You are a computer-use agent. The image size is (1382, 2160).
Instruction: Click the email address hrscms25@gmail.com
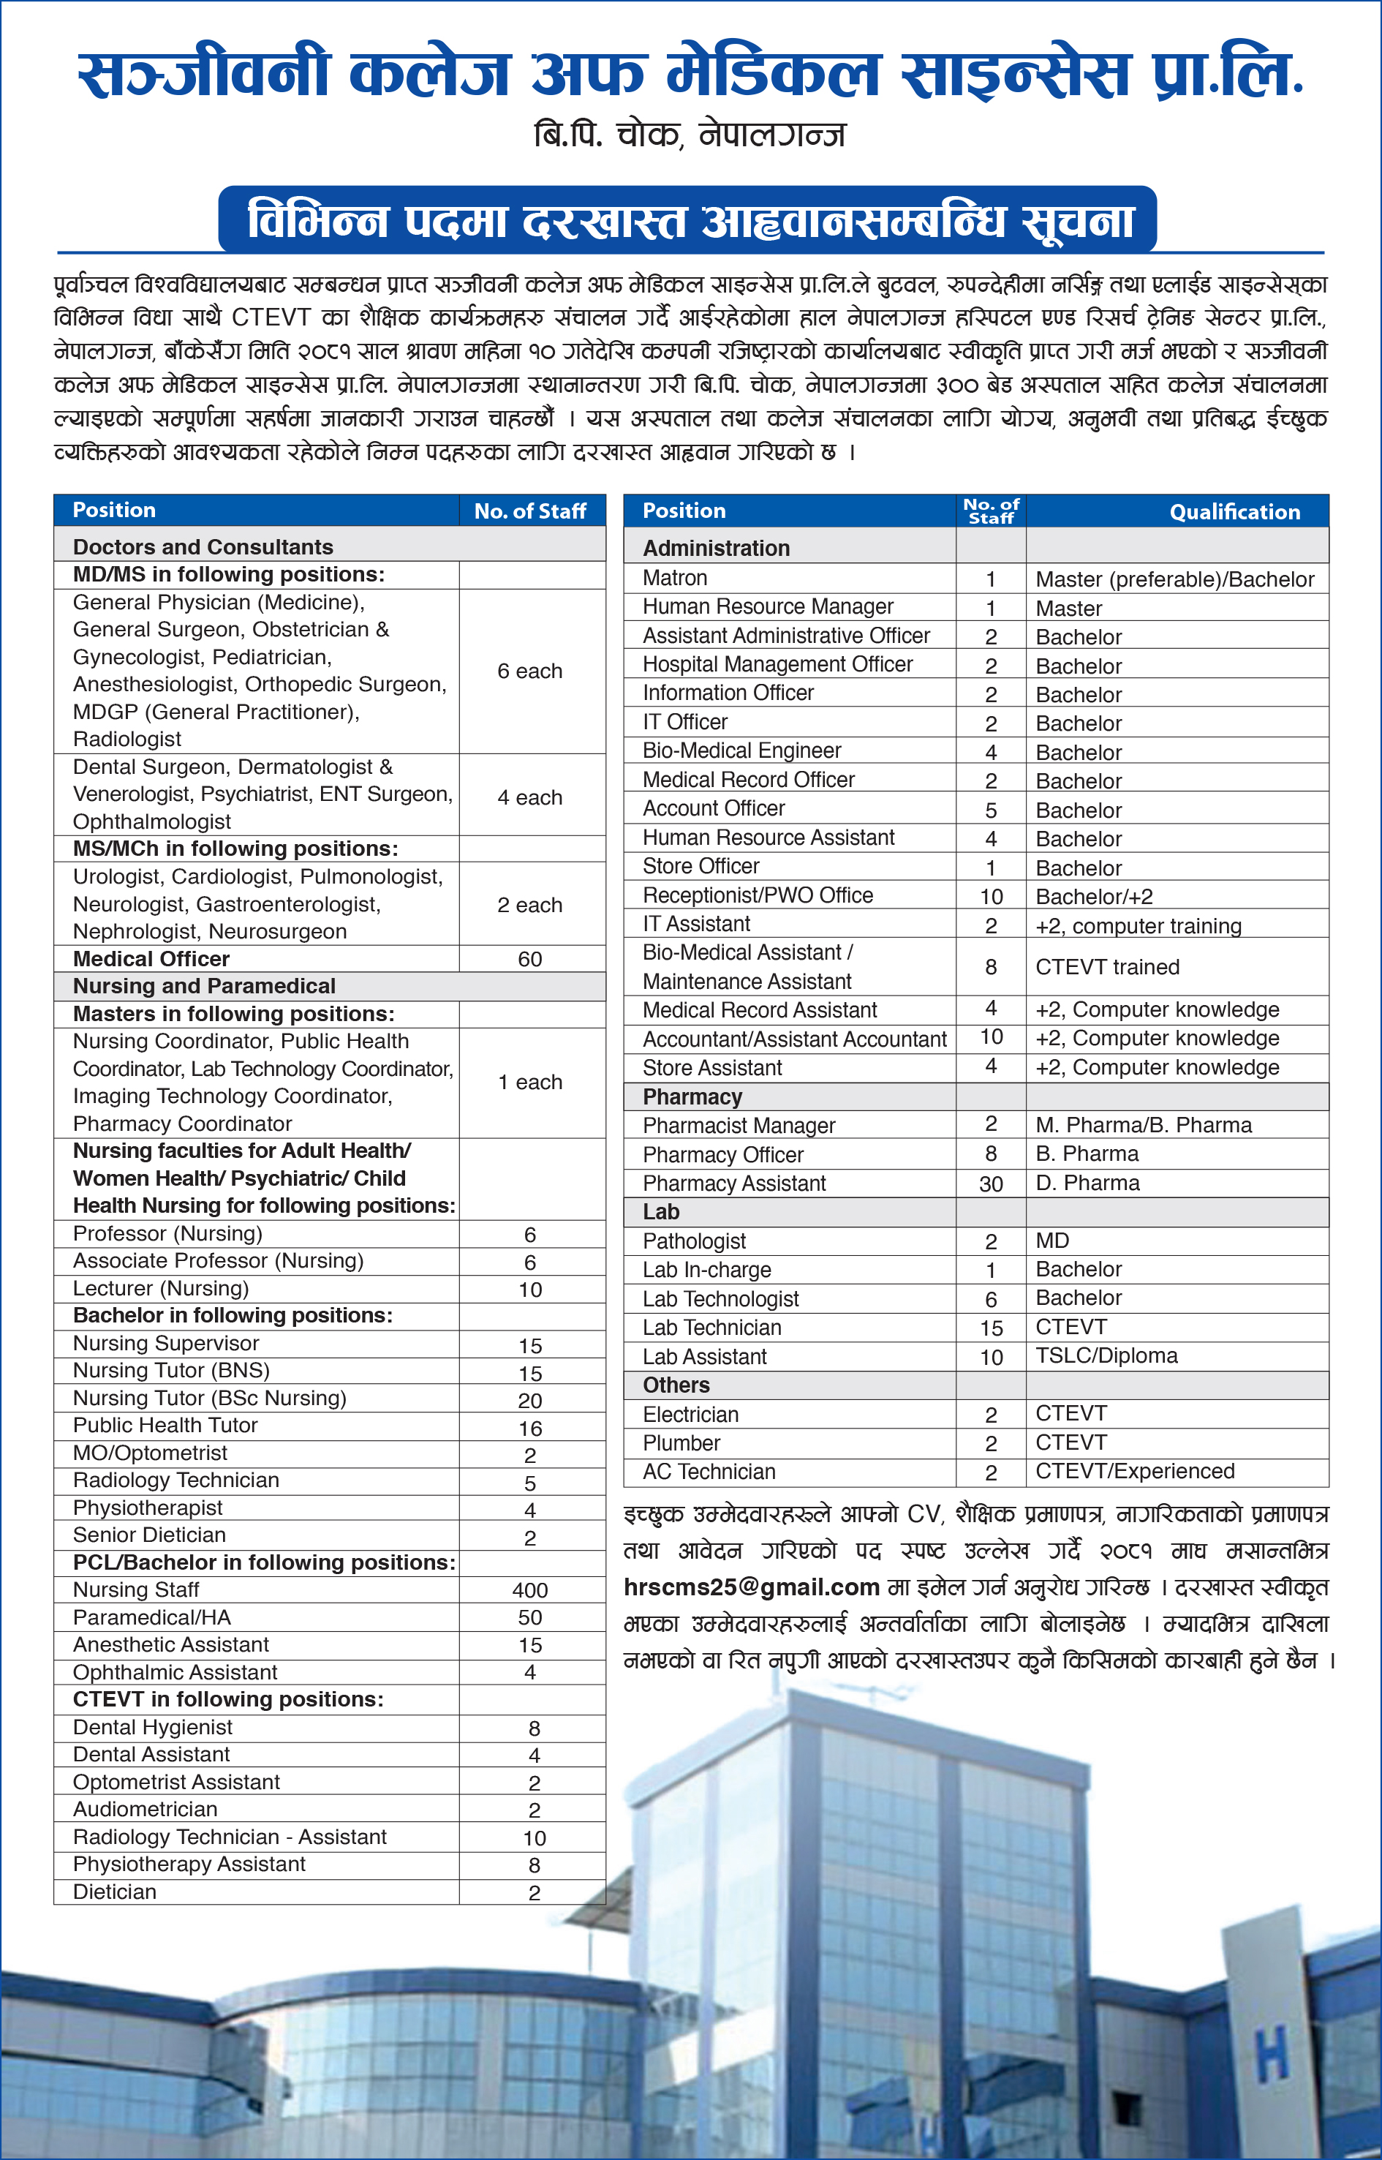[x=751, y=1587]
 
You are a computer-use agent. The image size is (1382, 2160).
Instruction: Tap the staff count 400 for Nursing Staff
[x=529, y=1590]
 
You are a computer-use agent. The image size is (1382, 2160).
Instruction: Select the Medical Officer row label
[x=151, y=959]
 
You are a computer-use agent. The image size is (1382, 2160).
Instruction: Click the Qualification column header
[x=1234, y=512]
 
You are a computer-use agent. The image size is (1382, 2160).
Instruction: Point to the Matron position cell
[x=675, y=578]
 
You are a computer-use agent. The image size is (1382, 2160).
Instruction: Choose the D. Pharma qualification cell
[x=1087, y=1184]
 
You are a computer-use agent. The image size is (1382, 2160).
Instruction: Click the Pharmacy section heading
[x=692, y=1097]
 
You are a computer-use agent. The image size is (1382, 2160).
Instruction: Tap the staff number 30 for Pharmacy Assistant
[x=991, y=1184]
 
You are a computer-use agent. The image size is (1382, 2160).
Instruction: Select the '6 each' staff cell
[x=529, y=671]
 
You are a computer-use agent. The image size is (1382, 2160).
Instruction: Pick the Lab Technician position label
[x=711, y=1328]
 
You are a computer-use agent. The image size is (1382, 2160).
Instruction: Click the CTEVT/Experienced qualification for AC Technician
[x=1134, y=1472]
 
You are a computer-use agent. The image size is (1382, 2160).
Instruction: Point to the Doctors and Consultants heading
[x=203, y=546]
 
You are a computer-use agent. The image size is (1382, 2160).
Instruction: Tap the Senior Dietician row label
[x=149, y=1535]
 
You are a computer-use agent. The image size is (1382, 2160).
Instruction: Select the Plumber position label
[x=681, y=1442]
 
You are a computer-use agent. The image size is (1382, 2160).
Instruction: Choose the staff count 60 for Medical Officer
[x=529, y=960]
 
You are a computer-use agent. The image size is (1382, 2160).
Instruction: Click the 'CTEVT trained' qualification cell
[x=1106, y=967]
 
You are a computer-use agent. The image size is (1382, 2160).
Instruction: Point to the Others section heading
[x=676, y=1385]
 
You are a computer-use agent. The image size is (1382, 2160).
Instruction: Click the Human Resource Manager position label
[x=767, y=607]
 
